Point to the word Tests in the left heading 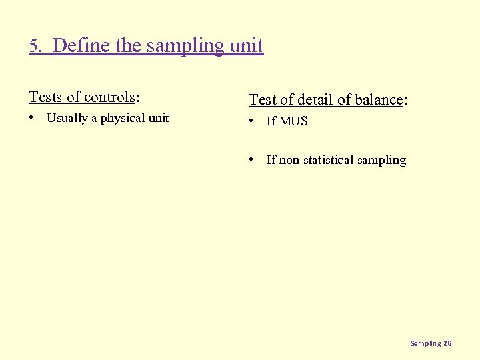click(45, 97)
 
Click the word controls click(109, 97)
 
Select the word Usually click(67, 118)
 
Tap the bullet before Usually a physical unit click(31, 118)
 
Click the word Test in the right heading click(263, 99)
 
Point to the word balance click(378, 99)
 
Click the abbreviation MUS click(293, 121)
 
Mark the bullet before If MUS click(252, 121)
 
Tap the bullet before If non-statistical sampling click(252, 159)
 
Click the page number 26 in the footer click(447, 343)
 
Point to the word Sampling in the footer click(425, 343)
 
